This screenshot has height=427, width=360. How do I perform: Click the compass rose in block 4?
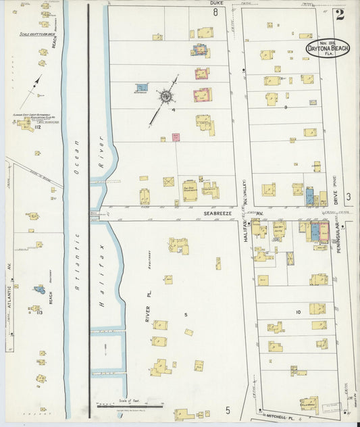tap(165, 96)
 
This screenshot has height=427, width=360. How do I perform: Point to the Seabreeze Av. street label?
tap(218, 212)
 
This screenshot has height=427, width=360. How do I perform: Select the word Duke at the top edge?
tap(216, 3)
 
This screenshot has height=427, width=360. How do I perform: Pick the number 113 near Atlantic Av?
tap(38, 312)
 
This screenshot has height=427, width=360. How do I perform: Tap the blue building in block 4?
tap(141, 89)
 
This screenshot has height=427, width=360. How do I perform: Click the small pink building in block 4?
tap(175, 137)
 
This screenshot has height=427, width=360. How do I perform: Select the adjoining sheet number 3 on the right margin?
tap(349, 197)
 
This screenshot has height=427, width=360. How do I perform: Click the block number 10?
tap(297, 311)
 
